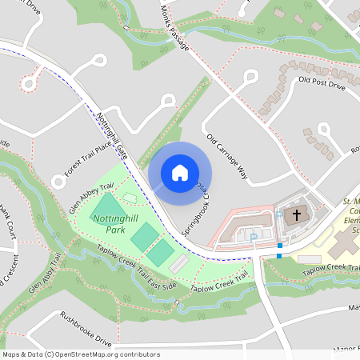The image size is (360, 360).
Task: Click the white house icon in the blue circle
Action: click(180, 173)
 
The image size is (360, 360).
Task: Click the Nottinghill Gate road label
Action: click(113, 133)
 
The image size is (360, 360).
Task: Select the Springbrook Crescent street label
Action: click(194, 214)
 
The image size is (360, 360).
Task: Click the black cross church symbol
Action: click(296, 214)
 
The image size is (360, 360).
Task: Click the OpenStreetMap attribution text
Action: click(81, 354)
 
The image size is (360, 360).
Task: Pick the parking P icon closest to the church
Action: click(254, 237)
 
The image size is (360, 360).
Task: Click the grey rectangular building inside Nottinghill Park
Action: click(179, 264)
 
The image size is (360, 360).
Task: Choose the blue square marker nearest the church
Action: click(280, 245)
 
